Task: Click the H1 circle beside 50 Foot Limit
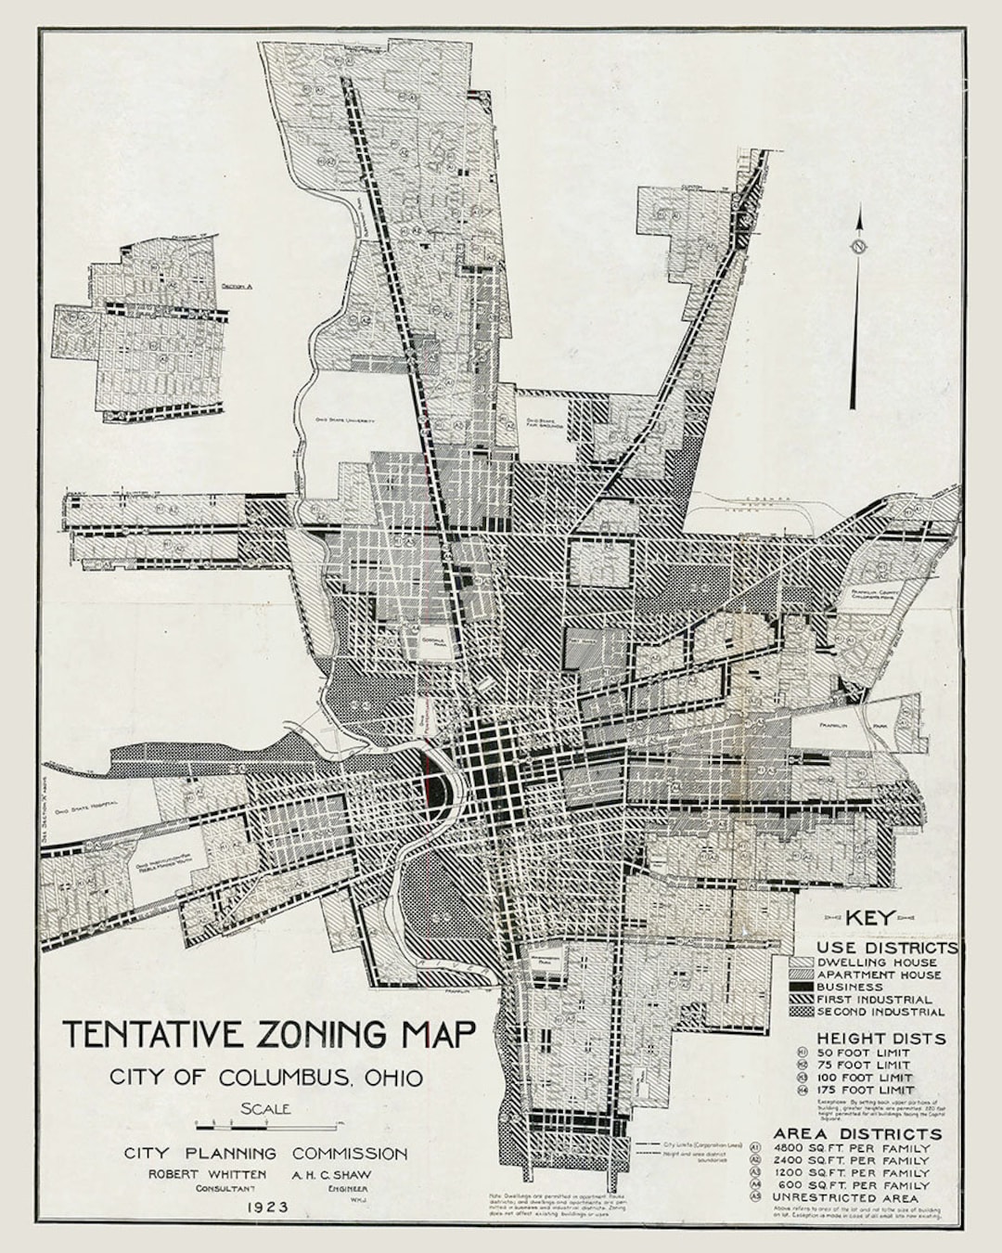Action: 803,1053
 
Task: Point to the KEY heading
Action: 869,917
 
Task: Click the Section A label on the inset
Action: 238,286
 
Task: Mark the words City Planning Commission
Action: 265,1154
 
